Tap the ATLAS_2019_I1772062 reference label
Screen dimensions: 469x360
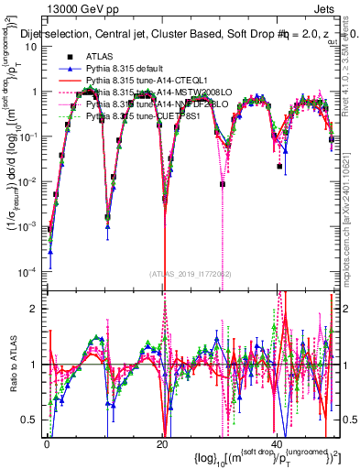[190, 274]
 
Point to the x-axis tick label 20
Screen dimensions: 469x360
[161, 442]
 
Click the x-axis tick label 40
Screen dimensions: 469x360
[276, 442]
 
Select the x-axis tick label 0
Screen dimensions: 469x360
[47, 442]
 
